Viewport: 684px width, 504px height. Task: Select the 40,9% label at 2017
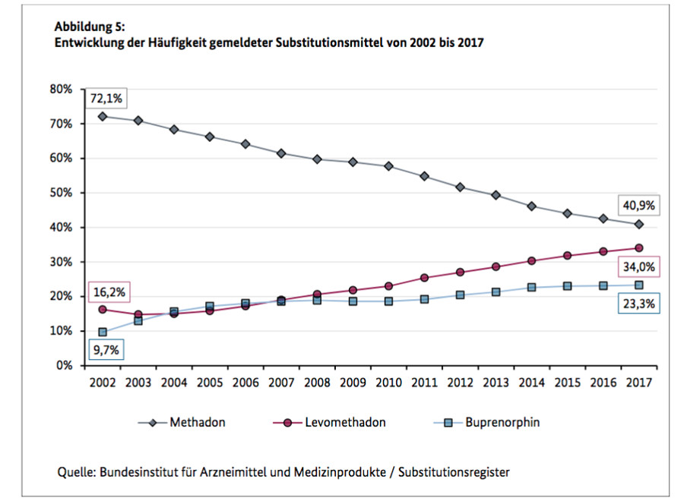(x=638, y=204)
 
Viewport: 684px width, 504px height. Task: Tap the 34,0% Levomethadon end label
(x=638, y=267)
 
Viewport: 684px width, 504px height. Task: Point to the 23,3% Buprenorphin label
(x=638, y=304)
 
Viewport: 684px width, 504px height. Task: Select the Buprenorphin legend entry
(x=504, y=422)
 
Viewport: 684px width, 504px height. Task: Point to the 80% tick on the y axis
(x=61, y=89)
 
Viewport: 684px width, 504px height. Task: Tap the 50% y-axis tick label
(x=61, y=193)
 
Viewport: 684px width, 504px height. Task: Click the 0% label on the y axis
(x=64, y=365)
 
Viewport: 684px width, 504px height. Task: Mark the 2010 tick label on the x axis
(x=389, y=382)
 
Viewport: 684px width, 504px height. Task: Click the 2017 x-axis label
(x=639, y=382)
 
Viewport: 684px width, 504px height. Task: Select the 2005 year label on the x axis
(x=210, y=382)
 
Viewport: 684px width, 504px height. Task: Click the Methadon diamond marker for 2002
(x=103, y=116)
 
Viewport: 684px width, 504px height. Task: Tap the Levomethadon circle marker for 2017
(x=639, y=247)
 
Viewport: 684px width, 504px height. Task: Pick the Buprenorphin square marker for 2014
(x=532, y=288)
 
